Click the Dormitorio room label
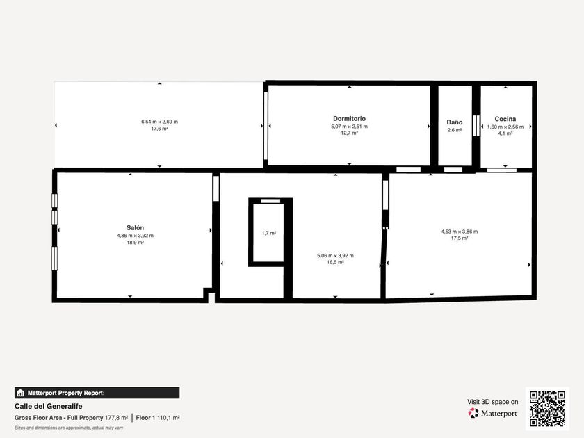coord(349,118)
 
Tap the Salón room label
coord(135,227)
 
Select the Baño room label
coord(455,122)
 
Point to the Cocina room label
coord(505,119)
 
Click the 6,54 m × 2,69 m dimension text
coord(159,122)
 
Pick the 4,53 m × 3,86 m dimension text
coord(460,232)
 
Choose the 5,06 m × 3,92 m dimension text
coord(335,256)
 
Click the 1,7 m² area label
coord(268,233)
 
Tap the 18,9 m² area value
coord(135,243)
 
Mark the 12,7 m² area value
coord(349,133)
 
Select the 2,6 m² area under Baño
coord(455,130)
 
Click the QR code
coord(548,409)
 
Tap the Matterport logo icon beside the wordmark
coord(473,413)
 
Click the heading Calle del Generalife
coord(49,406)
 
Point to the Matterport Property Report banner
coord(97,393)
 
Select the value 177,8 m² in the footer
coord(116,418)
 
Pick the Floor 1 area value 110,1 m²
coord(168,418)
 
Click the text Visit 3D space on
coord(493,402)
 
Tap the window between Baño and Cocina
coord(476,126)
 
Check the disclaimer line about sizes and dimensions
coord(69,428)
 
